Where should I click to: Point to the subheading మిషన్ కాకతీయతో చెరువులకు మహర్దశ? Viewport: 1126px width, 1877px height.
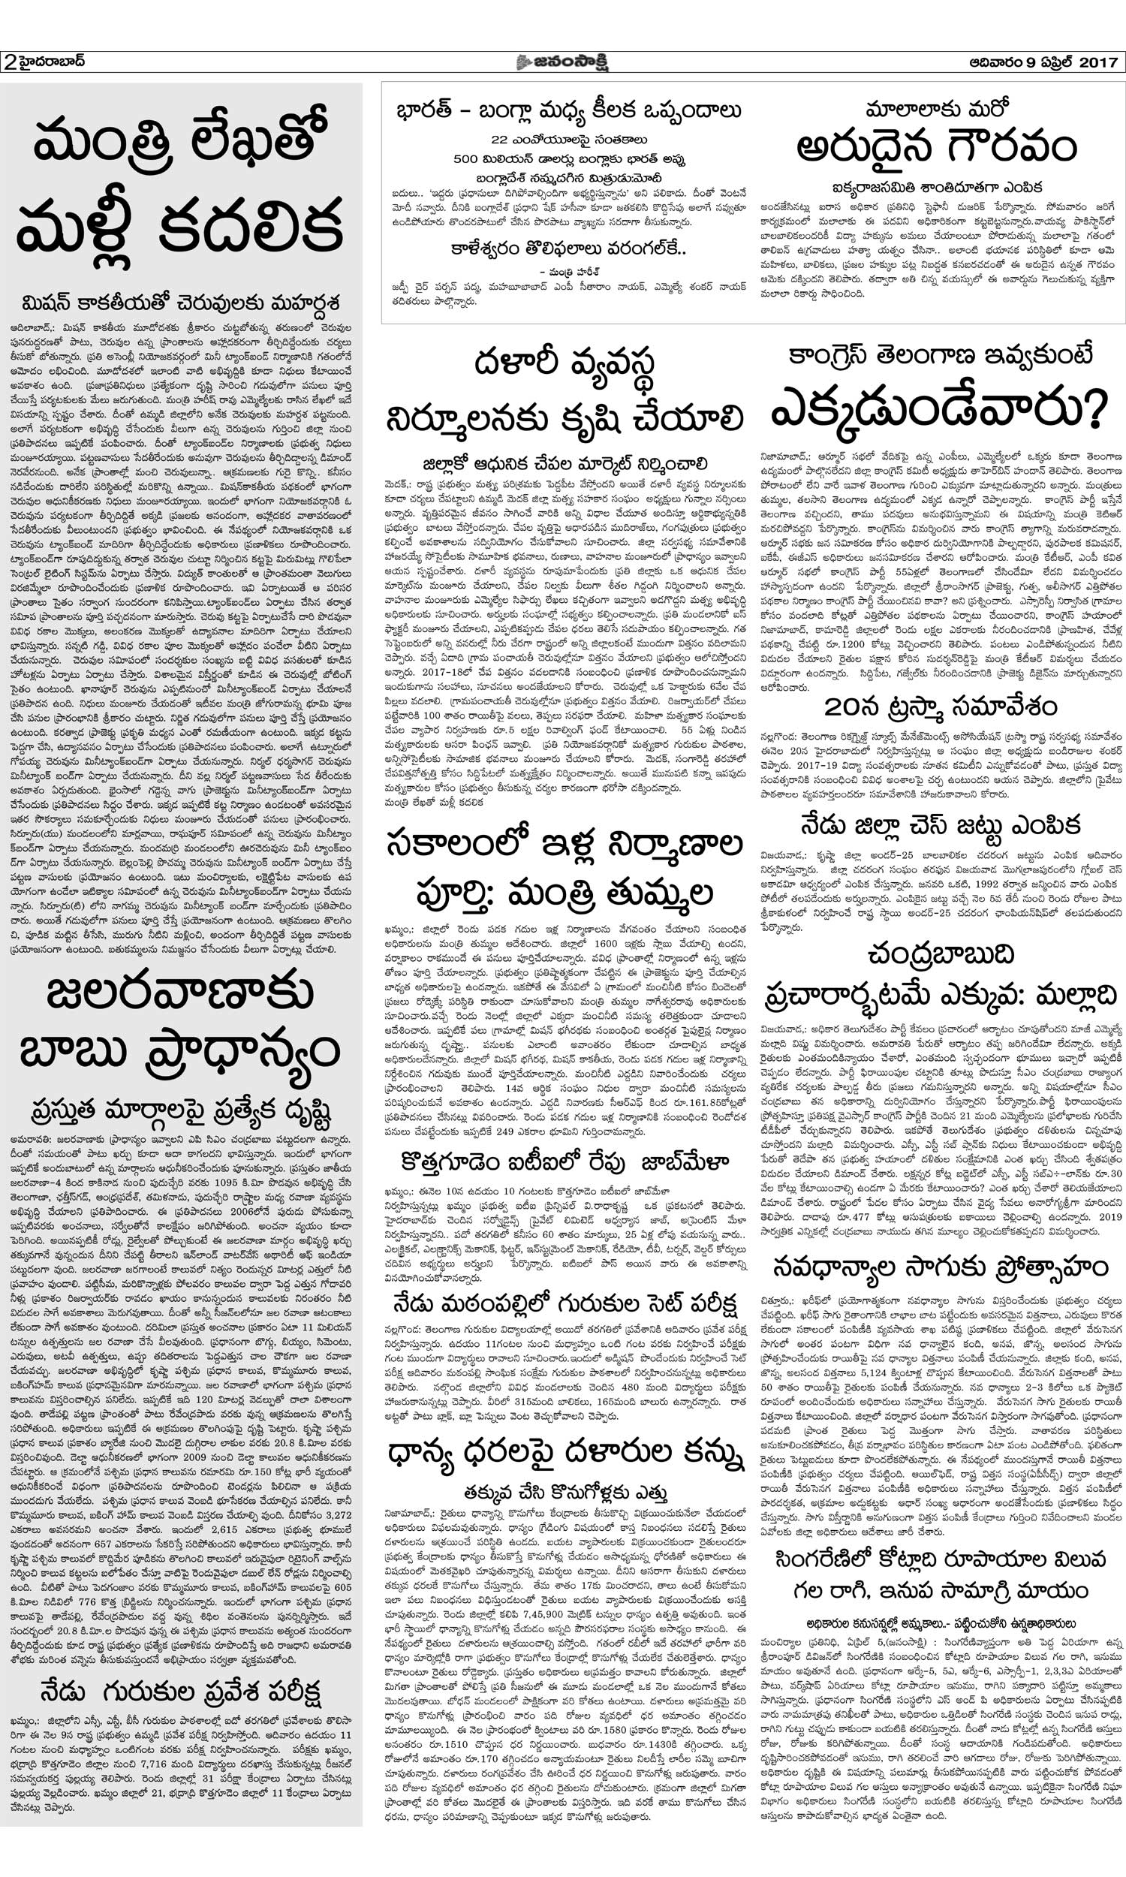pos(181,302)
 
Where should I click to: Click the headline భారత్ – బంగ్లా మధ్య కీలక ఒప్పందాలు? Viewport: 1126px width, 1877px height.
pos(568,112)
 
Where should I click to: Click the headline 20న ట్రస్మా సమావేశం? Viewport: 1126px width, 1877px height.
pos(940,707)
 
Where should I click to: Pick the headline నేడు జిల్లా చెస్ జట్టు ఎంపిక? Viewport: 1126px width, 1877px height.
pos(940,824)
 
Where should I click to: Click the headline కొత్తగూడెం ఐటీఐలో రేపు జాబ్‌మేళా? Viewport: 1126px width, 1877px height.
pos(565,1161)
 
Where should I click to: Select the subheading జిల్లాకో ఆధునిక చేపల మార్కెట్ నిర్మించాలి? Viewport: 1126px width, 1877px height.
pos(565,462)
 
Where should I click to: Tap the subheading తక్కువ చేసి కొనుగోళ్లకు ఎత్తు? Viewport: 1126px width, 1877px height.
pos(565,1493)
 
